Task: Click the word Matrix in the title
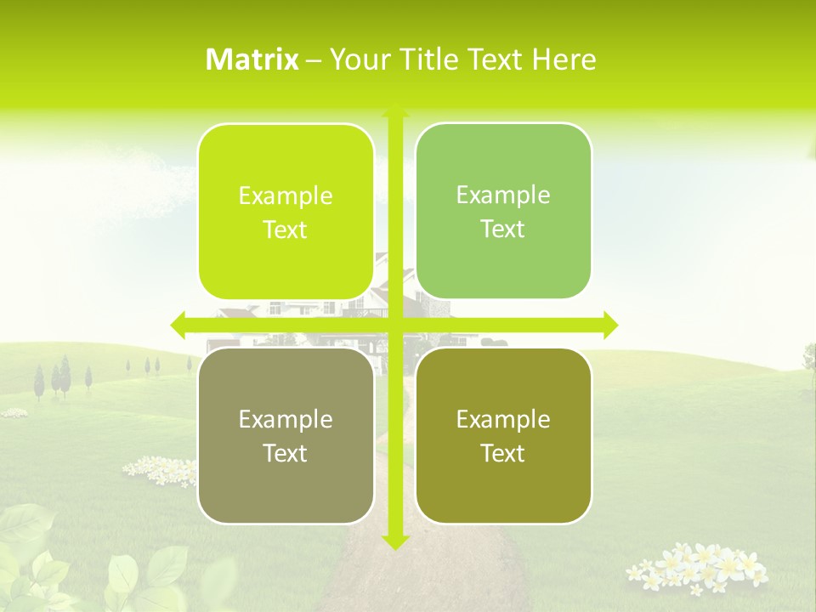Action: pyautogui.click(x=252, y=59)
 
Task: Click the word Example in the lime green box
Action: pyautogui.click(x=286, y=196)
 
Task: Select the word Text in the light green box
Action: pyautogui.click(x=503, y=229)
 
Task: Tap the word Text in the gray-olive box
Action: pyautogui.click(x=286, y=454)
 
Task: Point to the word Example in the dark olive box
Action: pyautogui.click(x=503, y=419)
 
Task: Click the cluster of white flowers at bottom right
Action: pyautogui.click(x=697, y=566)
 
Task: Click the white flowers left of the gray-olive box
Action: pyautogui.click(x=160, y=469)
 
